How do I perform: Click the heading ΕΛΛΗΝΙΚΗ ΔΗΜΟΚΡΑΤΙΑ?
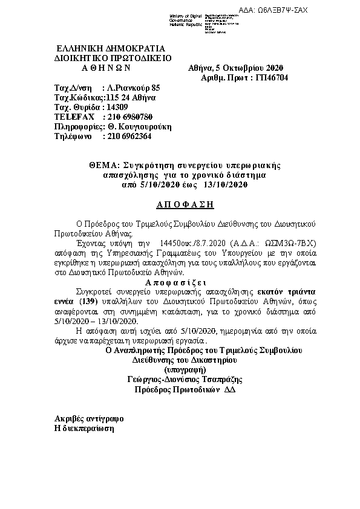(x=110, y=48)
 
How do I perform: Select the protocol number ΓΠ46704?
(x=272, y=78)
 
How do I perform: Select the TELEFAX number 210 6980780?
(x=129, y=117)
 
